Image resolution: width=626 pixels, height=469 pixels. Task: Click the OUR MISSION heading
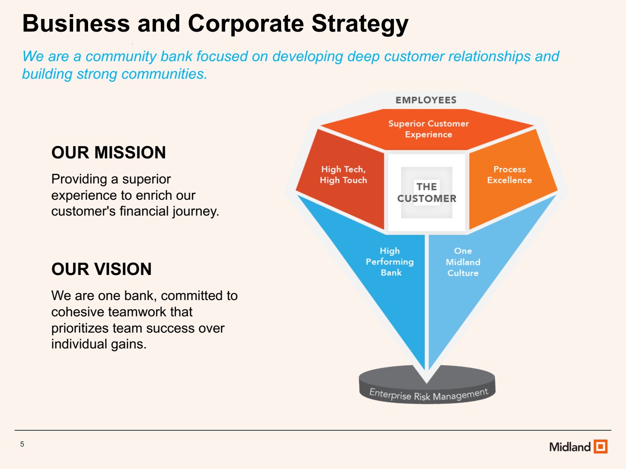point(108,152)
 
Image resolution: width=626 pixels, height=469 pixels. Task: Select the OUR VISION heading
point(101,269)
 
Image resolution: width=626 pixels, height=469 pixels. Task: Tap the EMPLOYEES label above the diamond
point(426,100)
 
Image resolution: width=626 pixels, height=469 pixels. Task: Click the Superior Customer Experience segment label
point(428,129)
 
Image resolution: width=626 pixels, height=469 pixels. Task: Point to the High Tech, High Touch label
point(343,175)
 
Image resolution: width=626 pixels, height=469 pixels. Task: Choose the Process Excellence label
point(509,175)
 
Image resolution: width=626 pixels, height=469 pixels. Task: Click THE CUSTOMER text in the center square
point(426,193)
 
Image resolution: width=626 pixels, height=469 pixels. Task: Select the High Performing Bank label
point(390,262)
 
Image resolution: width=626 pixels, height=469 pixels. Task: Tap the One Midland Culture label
point(463,262)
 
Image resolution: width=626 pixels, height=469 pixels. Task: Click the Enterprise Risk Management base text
point(429,395)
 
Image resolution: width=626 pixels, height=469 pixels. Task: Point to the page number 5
point(22,444)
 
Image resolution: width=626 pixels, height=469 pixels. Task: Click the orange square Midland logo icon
point(600,446)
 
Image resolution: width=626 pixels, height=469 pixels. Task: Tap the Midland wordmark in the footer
point(570,447)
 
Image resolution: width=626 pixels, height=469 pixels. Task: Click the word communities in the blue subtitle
point(164,74)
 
